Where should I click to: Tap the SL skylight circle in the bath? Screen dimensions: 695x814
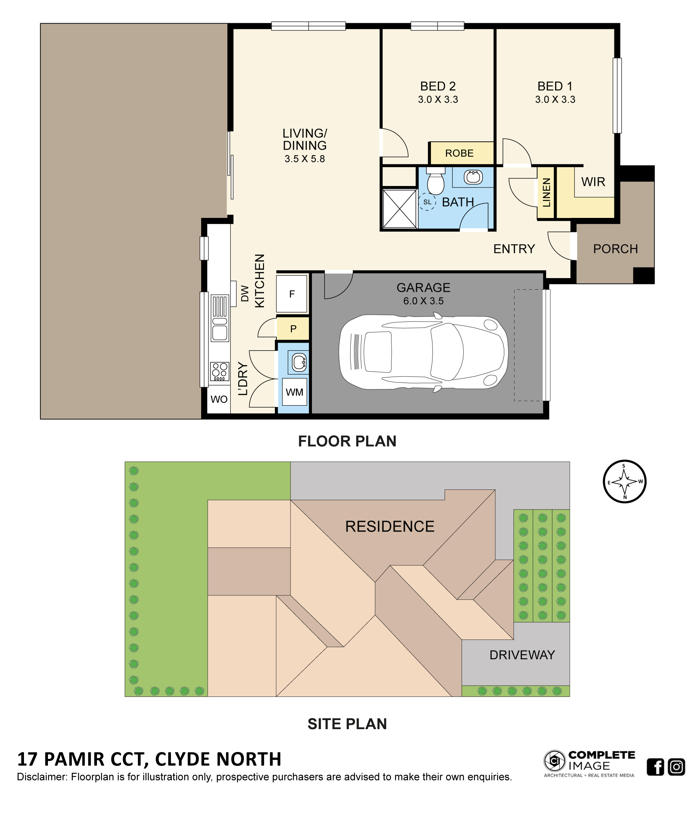(x=427, y=202)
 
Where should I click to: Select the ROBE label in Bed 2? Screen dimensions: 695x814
(x=459, y=153)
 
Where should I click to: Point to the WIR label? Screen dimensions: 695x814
(x=593, y=182)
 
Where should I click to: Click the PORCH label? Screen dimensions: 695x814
(x=615, y=249)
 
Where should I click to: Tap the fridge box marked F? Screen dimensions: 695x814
(x=292, y=294)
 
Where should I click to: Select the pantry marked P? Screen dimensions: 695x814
(x=293, y=329)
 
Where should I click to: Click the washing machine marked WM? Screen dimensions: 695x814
(x=294, y=392)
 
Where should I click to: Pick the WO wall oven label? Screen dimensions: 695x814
(x=219, y=400)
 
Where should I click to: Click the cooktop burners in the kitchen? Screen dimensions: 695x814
(x=219, y=371)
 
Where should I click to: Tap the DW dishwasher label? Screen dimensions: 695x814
(x=245, y=293)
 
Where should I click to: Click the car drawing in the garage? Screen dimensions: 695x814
(x=423, y=352)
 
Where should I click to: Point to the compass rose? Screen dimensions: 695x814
(x=624, y=481)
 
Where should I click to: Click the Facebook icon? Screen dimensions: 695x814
(x=655, y=767)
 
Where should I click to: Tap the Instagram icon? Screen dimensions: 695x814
(x=676, y=767)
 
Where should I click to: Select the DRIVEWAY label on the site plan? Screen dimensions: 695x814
(x=522, y=655)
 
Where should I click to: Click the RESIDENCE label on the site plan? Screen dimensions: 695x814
(x=389, y=526)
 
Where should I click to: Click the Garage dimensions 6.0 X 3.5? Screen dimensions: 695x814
(x=423, y=301)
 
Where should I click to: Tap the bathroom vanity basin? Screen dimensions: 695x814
(x=473, y=177)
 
